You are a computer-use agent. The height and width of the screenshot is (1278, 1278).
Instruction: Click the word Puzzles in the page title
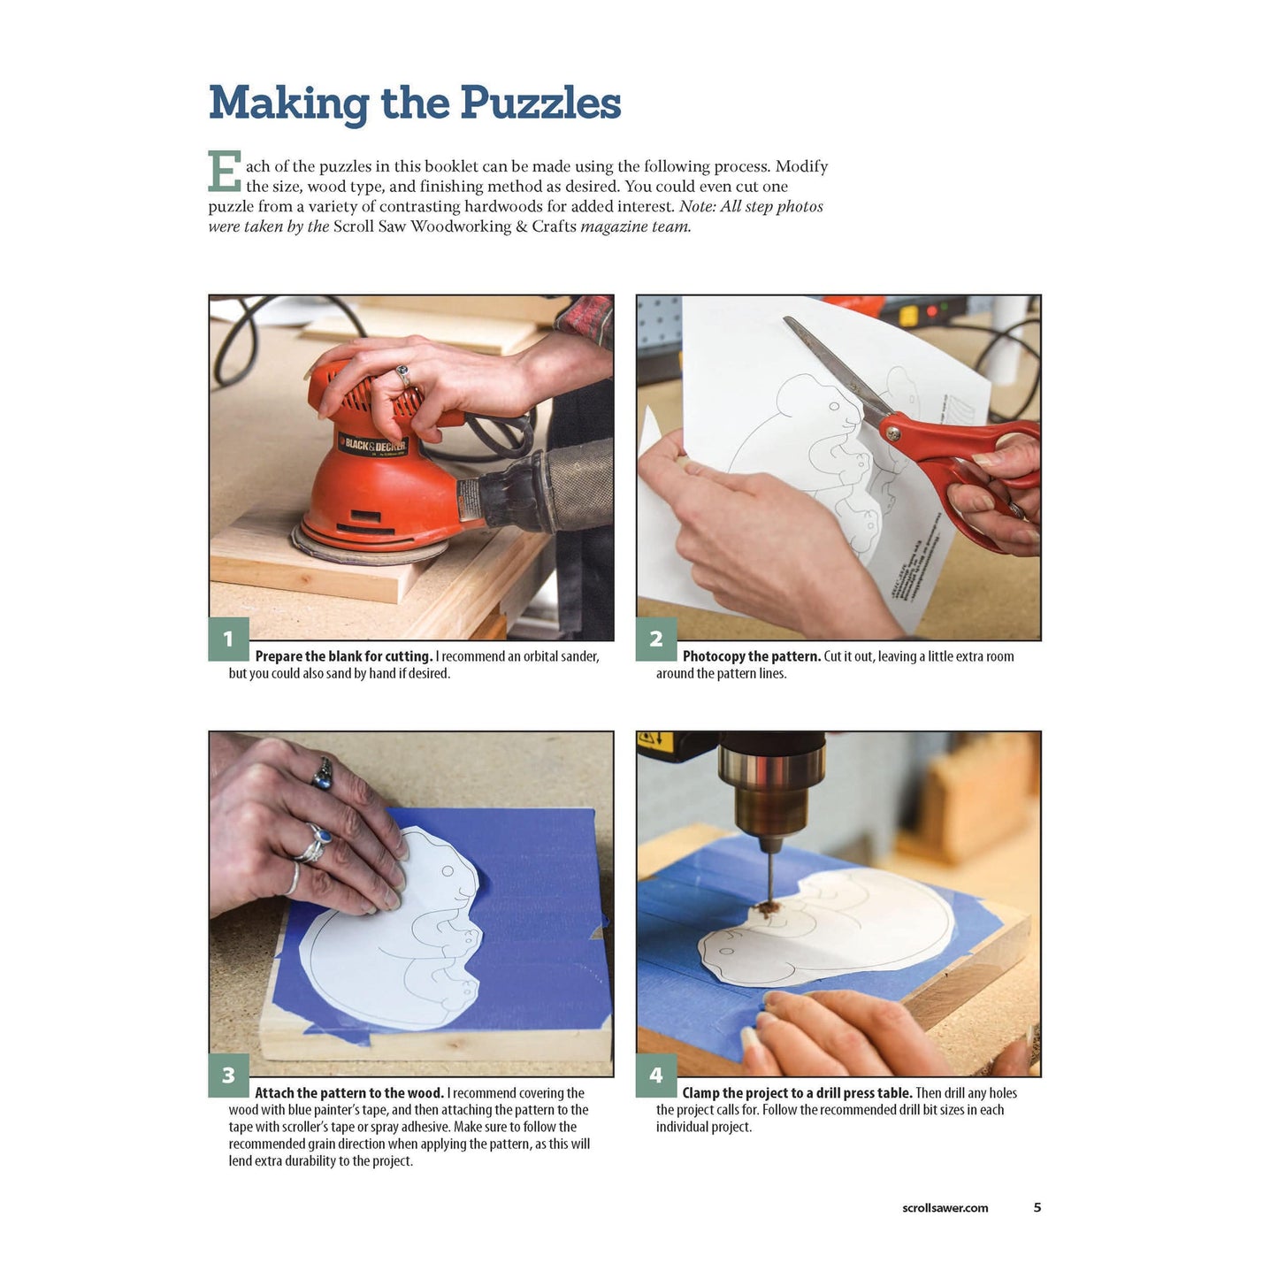(540, 103)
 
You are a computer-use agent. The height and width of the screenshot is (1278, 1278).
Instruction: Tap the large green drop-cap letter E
(224, 172)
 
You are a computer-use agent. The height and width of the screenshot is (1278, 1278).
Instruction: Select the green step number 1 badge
(228, 639)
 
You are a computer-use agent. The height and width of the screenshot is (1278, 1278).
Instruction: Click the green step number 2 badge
(656, 639)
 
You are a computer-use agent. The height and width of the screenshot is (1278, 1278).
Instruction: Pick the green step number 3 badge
(228, 1075)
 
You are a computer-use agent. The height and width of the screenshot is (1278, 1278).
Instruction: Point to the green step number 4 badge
(656, 1075)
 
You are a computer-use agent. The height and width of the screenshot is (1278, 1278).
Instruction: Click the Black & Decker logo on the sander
(372, 444)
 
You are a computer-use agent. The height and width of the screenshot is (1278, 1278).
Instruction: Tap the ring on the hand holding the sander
(402, 375)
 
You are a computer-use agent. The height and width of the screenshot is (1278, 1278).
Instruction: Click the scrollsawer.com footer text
(945, 1208)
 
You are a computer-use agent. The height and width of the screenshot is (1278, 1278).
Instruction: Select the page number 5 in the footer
(1037, 1207)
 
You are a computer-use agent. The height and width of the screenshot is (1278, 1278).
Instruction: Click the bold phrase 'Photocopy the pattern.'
(752, 656)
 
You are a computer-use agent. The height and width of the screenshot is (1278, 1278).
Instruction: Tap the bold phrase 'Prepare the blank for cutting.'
(343, 656)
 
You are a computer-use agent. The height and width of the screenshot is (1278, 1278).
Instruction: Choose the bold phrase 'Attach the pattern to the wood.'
(349, 1093)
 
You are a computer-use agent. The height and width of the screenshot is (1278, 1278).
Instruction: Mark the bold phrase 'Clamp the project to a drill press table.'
(797, 1093)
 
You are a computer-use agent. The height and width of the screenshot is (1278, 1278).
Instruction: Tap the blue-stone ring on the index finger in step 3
(323, 773)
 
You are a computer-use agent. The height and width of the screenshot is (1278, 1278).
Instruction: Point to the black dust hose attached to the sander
(544, 488)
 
